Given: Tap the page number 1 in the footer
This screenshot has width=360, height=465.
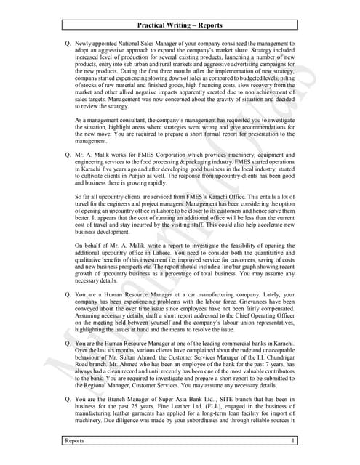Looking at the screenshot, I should [292, 441].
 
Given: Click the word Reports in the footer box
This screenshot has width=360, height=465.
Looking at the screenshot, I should [75, 441].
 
